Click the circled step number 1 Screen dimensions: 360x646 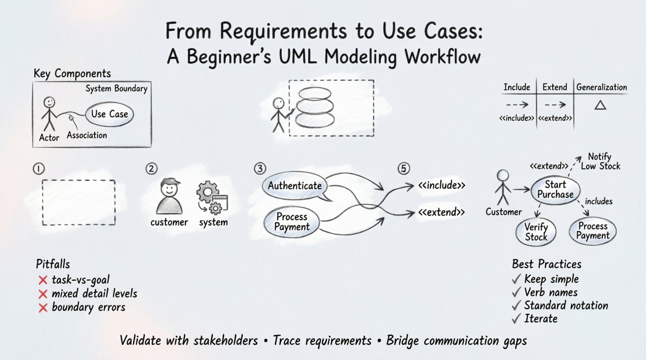[39, 169]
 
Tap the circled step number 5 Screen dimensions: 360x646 [404, 169]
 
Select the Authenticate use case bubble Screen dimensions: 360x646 [295, 186]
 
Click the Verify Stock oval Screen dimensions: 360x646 [536, 232]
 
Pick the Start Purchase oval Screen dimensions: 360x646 [555, 190]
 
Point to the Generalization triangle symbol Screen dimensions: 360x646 [600, 105]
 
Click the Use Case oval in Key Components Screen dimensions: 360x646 [109, 114]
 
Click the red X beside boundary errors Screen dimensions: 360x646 [43, 308]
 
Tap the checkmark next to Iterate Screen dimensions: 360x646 [516, 319]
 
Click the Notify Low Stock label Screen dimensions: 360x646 [600, 161]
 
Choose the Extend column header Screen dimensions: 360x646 [554, 87]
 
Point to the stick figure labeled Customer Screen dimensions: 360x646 [503, 188]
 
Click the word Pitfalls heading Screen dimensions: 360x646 [53, 264]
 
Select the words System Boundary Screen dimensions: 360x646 [116, 89]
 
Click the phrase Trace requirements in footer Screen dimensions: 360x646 [322, 341]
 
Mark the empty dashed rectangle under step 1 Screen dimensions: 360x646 [79, 202]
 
